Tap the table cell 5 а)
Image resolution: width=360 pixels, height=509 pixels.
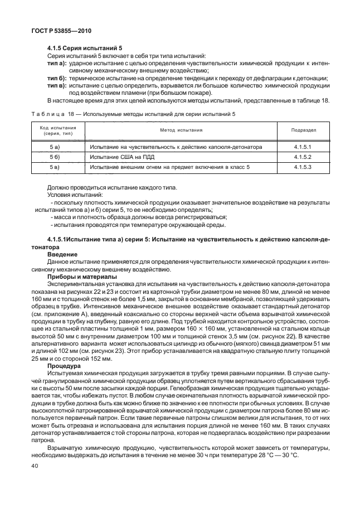(54, 147)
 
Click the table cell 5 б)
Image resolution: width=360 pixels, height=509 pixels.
(54, 157)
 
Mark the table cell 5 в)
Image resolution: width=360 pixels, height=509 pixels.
(54, 167)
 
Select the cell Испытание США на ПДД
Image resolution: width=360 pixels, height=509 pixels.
(120, 157)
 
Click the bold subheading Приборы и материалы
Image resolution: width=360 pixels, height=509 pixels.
(81, 276)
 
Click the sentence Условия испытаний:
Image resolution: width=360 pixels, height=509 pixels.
(75, 195)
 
